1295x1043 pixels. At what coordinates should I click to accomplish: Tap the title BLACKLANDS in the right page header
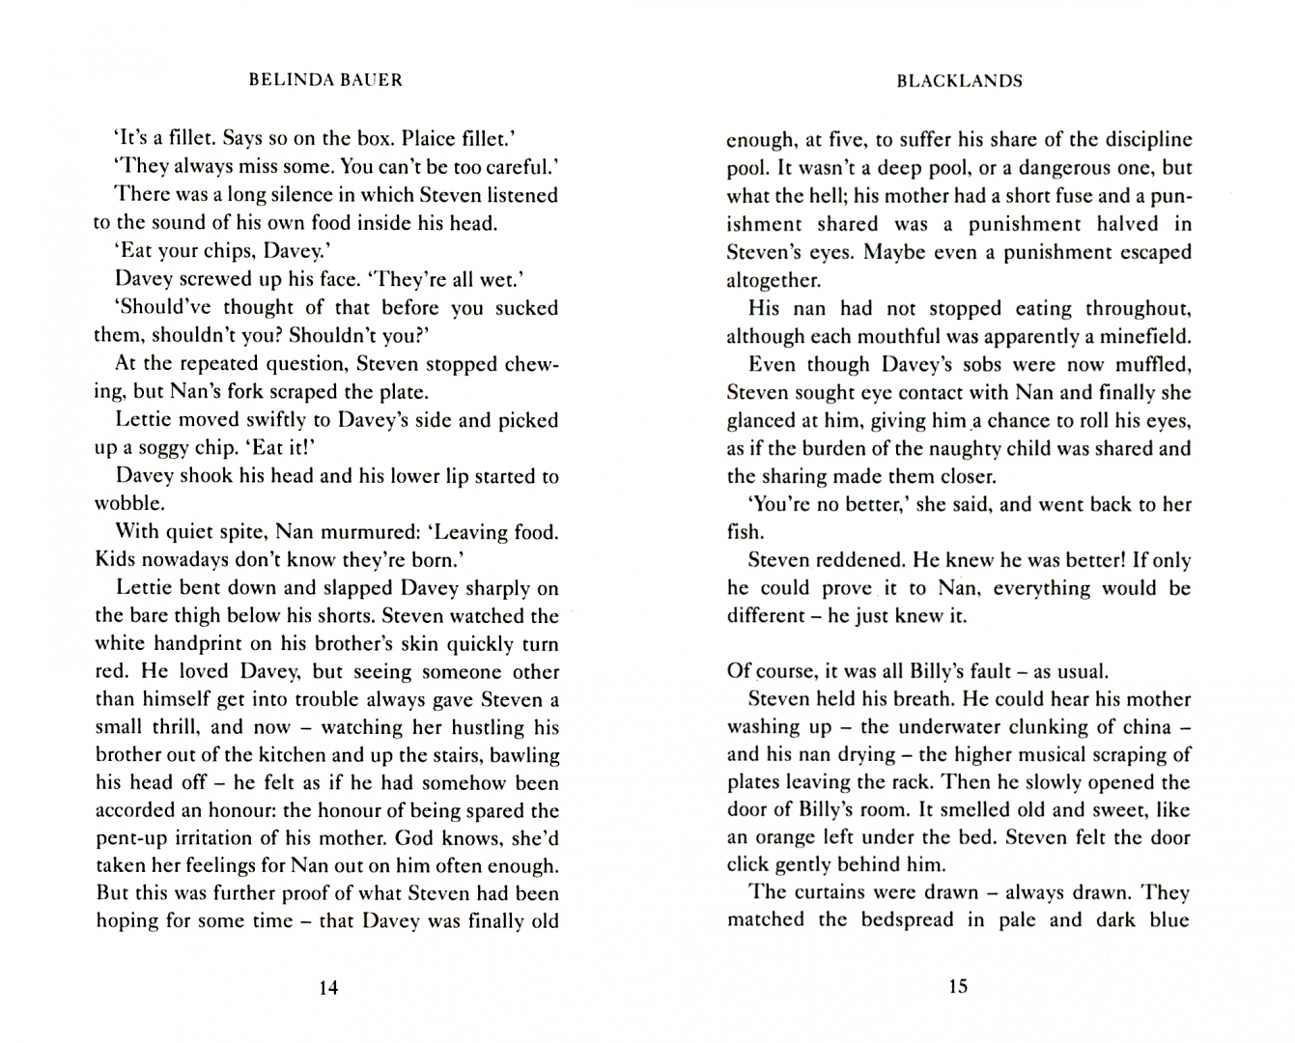click(x=958, y=81)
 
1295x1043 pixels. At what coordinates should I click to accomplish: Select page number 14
click(x=328, y=987)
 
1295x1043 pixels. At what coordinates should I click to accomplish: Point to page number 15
click(x=958, y=986)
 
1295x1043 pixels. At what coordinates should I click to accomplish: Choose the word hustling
click(x=478, y=727)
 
